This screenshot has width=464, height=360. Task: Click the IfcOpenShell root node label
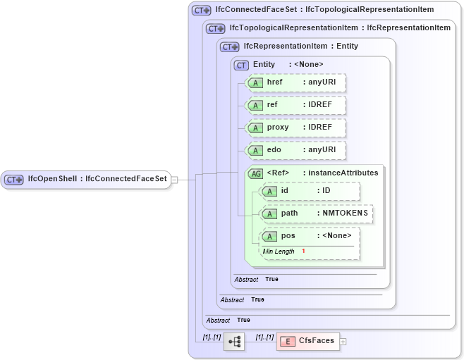[97, 179]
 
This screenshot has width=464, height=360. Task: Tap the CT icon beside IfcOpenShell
[14, 180]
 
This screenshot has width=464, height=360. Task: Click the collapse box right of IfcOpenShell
[174, 180]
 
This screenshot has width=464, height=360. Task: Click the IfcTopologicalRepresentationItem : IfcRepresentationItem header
[340, 28]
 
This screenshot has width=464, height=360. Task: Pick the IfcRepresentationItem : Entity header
[300, 46]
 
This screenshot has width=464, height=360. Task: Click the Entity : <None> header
[288, 65]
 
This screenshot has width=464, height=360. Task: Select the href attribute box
[295, 83]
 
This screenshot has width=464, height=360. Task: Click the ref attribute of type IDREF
[295, 106]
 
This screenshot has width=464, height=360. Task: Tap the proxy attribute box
[295, 128]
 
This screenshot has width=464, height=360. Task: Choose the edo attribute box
[295, 151]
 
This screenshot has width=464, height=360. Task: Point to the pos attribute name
[288, 236]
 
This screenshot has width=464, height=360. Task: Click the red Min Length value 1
[303, 252]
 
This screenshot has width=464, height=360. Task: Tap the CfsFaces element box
[307, 341]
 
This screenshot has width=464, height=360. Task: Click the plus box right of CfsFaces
[343, 341]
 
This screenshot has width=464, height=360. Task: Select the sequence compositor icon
[234, 342]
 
